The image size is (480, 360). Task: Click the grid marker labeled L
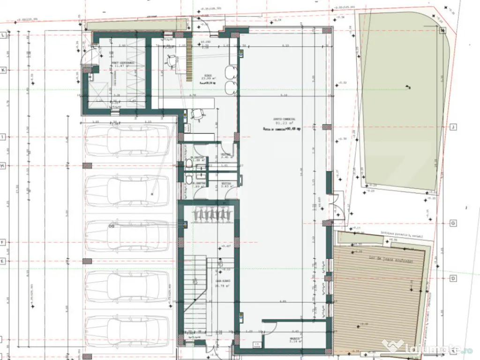coord(3,35)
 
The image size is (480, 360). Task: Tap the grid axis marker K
coord(3,69)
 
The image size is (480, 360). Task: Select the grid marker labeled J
coord(453,127)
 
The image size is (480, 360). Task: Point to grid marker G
coord(453,223)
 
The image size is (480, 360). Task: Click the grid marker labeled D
coord(453,278)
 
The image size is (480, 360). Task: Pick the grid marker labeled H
coord(3,166)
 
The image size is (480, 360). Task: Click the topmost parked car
coord(126,140)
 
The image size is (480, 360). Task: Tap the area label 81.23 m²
coord(285,124)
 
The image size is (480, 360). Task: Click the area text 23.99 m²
coord(208,78)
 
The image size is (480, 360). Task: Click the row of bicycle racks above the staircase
coord(211,214)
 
